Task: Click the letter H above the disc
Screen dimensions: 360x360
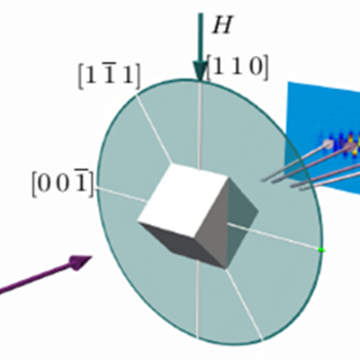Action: (x=222, y=24)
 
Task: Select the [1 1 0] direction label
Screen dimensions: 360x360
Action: (x=237, y=68)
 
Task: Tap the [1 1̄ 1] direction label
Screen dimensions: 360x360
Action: (x=109, y=76)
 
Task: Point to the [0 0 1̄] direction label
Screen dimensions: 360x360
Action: (x=63, y=184)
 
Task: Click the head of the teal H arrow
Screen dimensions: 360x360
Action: (x=200, y=71)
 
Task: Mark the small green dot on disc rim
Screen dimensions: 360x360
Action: (x=321, y=249)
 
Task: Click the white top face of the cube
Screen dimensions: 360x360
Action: (x=184, y=201)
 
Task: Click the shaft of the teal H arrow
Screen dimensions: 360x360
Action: (x=200, y=38)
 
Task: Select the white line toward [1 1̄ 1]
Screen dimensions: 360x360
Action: (x=154, y=129)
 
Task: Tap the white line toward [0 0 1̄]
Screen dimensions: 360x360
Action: (x=121, y=194)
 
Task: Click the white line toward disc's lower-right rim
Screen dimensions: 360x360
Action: (x=245, y=303)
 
